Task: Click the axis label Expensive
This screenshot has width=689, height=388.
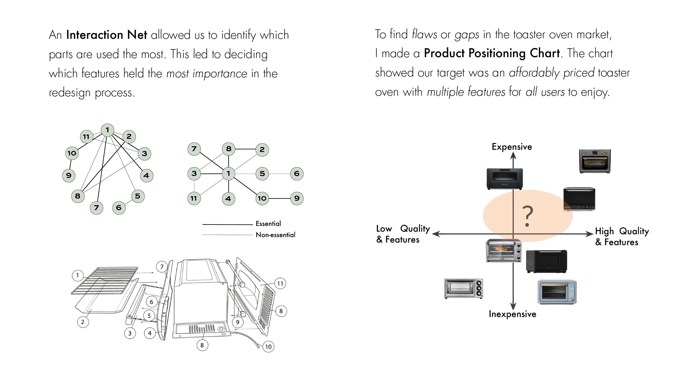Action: coord(512,147)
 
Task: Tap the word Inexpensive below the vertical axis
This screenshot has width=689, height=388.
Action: coord(512,314)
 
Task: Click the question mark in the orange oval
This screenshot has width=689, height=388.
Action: coord(527,216)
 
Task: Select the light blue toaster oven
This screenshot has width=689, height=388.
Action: coord(557,292)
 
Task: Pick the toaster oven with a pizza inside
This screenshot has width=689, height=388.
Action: coord(504,250)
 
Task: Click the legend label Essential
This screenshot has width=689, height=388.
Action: coord(268,224)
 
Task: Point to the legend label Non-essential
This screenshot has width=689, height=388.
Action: coord(275,235)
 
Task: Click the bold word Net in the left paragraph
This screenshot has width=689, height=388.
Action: coord(137,35)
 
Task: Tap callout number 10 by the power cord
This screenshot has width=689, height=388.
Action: coord(268,347)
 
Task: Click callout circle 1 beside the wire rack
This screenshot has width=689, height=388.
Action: coord(78,275)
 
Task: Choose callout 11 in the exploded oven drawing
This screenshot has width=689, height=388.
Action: coord(280,284)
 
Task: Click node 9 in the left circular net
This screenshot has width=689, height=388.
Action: coord(69,176)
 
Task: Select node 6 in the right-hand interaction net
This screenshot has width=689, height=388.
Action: coord(297,174)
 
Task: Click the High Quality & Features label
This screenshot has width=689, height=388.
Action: coord(622,237)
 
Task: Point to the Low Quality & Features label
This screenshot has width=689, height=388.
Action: coord(403,234)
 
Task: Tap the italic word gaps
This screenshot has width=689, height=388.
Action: coord(467,35)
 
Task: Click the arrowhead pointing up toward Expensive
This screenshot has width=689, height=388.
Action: coord(513,156)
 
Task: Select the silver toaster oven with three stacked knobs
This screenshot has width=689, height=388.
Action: coord(464,288)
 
